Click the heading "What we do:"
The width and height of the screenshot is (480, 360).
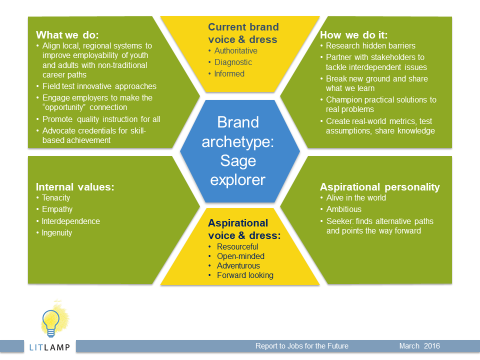(67, 35)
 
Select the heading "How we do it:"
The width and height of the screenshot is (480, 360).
(353, 35)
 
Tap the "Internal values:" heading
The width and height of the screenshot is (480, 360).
(75, 186)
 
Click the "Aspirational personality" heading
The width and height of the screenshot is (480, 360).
(379, 186)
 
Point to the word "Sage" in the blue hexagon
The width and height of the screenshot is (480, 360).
(238, 160)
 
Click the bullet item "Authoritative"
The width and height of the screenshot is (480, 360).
(235, 51)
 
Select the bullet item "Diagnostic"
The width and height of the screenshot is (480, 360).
(233, 62)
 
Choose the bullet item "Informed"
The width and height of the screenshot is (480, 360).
(229, 74)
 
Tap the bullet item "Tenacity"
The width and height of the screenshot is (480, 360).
(56, 198)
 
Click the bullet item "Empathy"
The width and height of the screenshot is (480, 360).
(57, 209)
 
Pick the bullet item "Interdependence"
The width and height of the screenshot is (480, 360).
(70, 221)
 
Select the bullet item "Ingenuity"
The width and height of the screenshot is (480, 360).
(57, 233)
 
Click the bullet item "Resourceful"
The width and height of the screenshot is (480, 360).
(237, 246)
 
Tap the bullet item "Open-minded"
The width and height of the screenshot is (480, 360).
(240, 256)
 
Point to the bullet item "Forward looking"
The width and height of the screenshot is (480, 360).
(245, 275)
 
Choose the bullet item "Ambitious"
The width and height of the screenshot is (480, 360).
(344, 209)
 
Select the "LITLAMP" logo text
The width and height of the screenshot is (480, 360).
(49, 347)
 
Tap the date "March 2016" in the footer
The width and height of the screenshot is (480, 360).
(419, 346)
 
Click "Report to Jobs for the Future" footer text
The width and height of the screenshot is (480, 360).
(302, 346)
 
